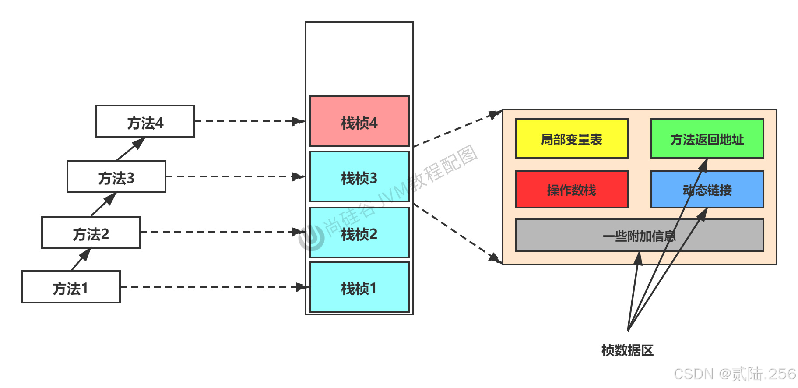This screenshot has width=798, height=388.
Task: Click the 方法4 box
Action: [x=145, y=121]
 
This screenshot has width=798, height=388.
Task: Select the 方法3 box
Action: [x=116, y=176]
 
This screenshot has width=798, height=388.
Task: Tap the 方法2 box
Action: [x=91, y=233]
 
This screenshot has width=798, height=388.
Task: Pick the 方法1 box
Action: [x=71, y=287]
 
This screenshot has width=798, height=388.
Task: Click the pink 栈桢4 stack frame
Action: [x=359, y=121]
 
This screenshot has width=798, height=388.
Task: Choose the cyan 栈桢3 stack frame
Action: [x=359, y=176]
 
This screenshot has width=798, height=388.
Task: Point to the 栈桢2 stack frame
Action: [x=359, y=233]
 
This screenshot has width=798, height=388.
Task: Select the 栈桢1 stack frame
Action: [x=359, y=287]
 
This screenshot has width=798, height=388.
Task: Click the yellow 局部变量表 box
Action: [x=571, y=139]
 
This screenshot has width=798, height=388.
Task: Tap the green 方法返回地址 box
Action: [x=707, y=139]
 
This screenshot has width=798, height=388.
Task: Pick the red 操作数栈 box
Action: [x=571, y=190]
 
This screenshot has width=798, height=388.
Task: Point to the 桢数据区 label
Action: [x=627, y=350]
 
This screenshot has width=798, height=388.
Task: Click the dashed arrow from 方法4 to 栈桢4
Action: [x=250, y=121]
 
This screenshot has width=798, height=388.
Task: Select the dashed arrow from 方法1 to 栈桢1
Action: [x=214, y=287]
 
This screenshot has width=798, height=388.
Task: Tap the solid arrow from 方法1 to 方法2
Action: [x=81, y=259]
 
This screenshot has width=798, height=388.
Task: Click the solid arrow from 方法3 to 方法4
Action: [x=130, y=149]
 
